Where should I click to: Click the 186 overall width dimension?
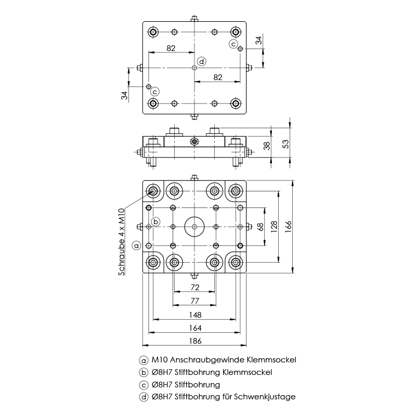(x=194, y=341)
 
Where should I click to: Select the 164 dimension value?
(x=194, y=328)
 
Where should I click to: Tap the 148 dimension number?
(x=194, y=315)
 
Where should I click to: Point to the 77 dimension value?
(x=194, y=301)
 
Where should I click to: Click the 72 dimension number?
(x=194, y=288)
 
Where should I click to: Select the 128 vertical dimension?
(x=274, y=227)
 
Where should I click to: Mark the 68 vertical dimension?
(x=261, y=227)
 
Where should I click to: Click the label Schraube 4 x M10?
(x=121, y=241)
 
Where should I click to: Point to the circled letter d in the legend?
(x=144, y=397)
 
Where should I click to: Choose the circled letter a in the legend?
(x=144, y=360)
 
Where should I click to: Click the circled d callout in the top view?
(x=201, y=61)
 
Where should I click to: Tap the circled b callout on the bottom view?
(x=154, y=220)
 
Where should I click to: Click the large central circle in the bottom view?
(x=194, y=227)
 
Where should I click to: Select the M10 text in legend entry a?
(x=159, y=359)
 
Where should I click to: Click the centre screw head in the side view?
(x=194, y=141)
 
